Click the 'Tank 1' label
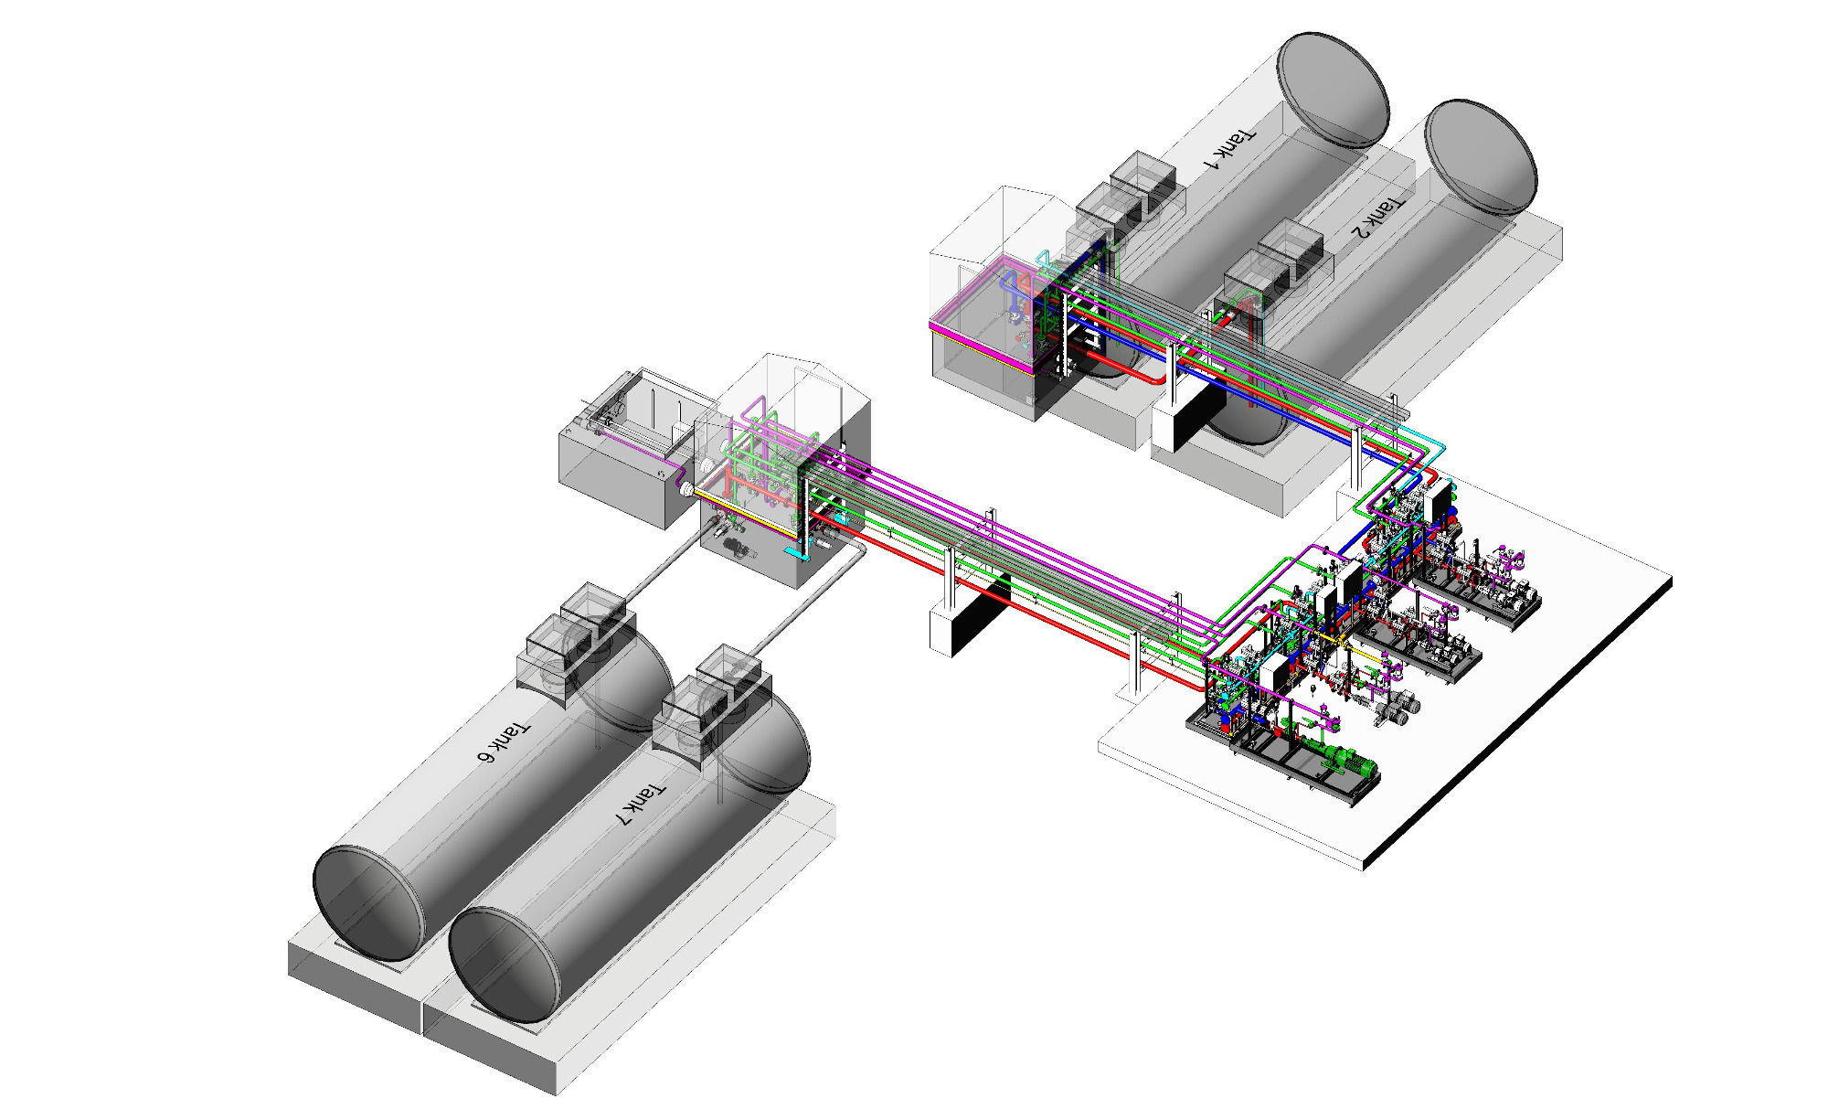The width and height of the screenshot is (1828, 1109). coord(1229,149)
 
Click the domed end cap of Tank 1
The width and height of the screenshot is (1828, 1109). coord(1333,89)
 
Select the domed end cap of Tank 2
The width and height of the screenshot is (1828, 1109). coord(1481,156)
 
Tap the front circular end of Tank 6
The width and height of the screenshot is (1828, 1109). coord(368,903)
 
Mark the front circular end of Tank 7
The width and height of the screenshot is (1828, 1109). coord(504,965)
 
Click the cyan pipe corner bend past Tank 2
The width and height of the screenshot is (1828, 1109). coord(1440,445)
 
